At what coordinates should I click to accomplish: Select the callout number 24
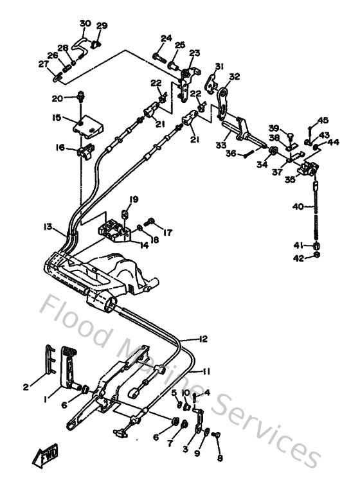[166, 39]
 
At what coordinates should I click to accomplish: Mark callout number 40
[298, 207]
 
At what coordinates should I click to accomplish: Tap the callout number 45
[323, 120]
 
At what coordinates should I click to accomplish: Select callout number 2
[26, 387]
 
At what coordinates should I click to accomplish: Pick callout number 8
[221, 459]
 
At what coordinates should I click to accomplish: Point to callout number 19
[134, 199]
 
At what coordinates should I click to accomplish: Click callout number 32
[234, 76]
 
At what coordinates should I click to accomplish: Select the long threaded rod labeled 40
[317, 212]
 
